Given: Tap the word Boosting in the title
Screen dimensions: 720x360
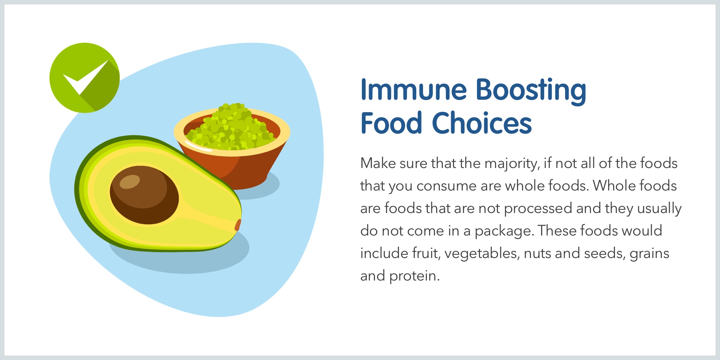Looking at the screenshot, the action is (531, 91).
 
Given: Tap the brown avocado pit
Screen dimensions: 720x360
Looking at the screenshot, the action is (144, 195).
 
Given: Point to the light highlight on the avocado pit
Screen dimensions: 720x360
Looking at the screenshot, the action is (130, 182).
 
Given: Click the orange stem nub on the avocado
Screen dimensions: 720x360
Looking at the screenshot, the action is (238, 225).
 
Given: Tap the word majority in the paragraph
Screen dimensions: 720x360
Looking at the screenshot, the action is (512, 164).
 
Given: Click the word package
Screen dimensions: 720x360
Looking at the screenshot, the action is (504, 231).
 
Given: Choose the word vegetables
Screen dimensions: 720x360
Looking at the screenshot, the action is (482, 254).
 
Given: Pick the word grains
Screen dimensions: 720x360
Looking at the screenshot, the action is (649, 254).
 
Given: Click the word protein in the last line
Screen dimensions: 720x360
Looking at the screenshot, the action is (414, 276).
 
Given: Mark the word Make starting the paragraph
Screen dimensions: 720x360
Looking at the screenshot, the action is (378, 163).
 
